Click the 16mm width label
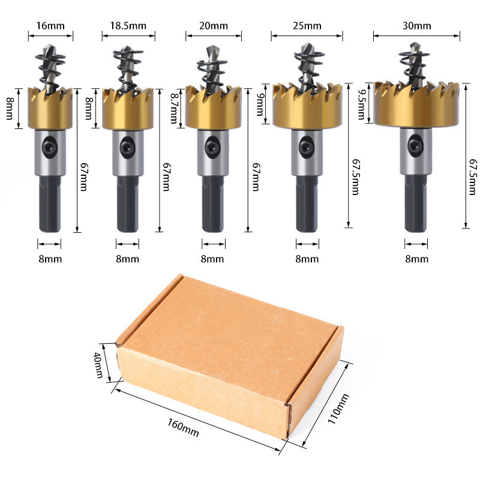(51, 26)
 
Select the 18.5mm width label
(128, 26)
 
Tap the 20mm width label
(214, 26)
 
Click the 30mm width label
(417, 26)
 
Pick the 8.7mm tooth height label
(175, 108)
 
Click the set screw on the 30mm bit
(415, 145)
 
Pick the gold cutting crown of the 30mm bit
(416, 105)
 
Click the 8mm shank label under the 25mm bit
(307, 259)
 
